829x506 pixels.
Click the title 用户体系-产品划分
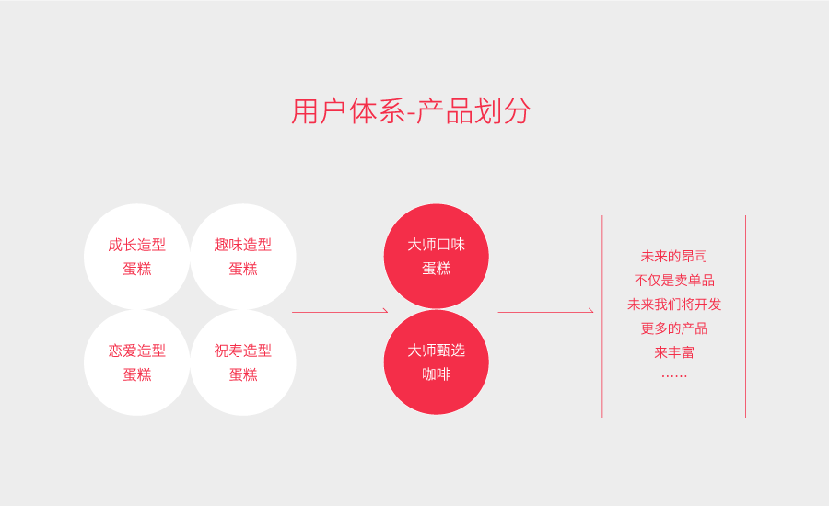pos(411,111)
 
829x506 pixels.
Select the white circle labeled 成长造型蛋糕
pos(136,257)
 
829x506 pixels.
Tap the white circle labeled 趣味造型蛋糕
pos(243,257)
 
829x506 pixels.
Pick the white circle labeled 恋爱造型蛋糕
pos(136,362)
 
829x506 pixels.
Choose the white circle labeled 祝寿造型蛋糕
pos(243,362)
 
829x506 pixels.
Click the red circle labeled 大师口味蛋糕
pos(437,256)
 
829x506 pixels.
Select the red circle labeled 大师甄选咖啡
pos(437,362)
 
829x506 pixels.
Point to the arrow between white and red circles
pos(339,312)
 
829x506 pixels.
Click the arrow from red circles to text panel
pos(545,312)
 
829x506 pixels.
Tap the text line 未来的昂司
pos(674,256)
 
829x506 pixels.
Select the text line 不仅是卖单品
pos(674,280)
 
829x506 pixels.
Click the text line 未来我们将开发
pos(674,304)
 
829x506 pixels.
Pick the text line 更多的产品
pos(674,328)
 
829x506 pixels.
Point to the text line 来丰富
pos(674,351)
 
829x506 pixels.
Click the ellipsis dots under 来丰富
pos(674,375)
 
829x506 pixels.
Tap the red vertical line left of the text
pos(602,316)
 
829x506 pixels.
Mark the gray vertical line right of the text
pos(745,316)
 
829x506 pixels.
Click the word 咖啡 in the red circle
pos(437,374)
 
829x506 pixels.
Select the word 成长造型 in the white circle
pos(136,245)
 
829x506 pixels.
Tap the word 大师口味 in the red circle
pos(437,244)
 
